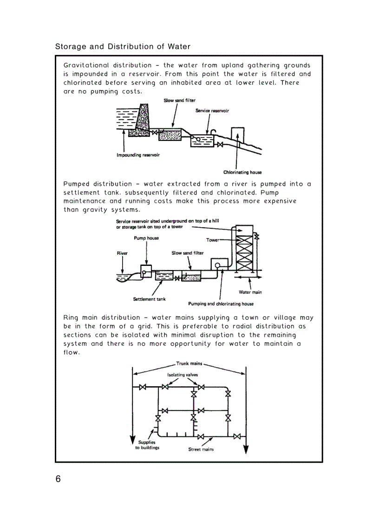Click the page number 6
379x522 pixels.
[58, 479]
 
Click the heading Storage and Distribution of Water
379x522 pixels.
[123, 47]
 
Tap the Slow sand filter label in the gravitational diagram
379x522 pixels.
[179, 100]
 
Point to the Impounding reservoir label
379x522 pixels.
[138, 155]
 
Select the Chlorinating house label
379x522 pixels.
[242, 172]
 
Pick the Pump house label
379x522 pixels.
[146, 238]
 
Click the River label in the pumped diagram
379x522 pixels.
[122, 253]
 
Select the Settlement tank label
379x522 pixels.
[149, 299]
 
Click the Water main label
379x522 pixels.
[250, 292]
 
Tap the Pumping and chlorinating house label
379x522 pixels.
[221, 304]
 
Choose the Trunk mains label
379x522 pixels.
[189, 364]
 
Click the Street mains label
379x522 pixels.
[201, 449]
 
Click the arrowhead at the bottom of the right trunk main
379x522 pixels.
[246, 449]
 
